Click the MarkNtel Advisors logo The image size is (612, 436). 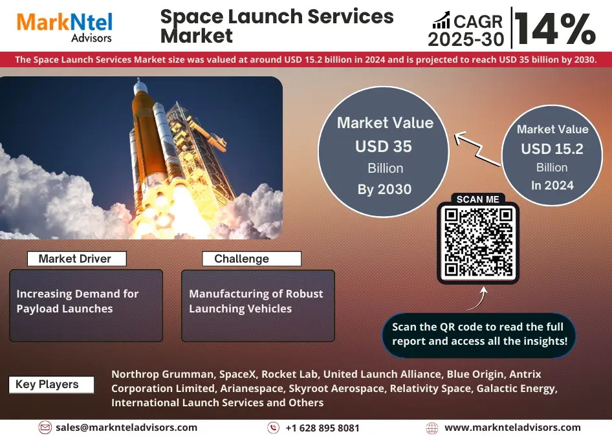65,27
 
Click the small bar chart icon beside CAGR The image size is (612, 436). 441,20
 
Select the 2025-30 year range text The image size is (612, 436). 466,39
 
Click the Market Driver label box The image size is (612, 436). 77,259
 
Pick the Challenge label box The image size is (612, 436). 252,259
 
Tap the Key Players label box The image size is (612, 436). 51,384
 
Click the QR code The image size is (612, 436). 478,242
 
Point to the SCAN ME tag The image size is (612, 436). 477,199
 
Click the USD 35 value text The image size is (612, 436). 383,146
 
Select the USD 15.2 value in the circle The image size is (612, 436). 552,149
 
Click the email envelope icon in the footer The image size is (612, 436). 45,428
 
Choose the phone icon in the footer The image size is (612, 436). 273,428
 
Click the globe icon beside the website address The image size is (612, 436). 432,428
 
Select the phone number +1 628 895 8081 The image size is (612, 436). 322,428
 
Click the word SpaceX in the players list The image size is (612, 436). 237,374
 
